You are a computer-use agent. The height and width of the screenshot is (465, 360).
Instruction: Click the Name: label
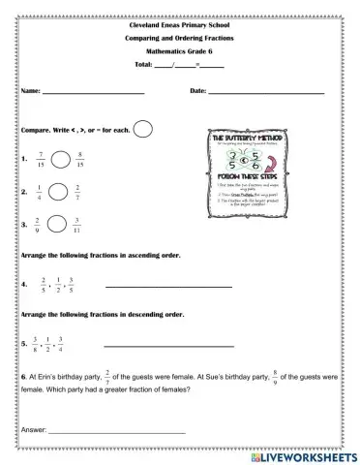click(x=29, y=91)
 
